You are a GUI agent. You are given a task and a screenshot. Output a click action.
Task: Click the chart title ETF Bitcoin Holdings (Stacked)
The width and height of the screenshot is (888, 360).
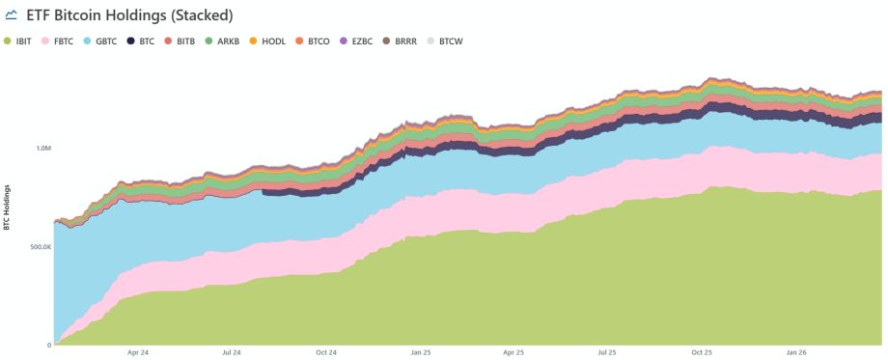[135, 16]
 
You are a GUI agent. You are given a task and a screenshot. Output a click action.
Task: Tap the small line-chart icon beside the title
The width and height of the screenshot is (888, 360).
[13, 16]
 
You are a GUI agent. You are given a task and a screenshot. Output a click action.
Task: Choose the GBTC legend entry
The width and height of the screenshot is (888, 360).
[106, 42]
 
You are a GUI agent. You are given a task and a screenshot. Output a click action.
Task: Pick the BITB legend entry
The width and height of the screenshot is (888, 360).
[185, 42]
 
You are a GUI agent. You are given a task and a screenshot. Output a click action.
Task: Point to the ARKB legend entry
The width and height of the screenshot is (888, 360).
[228, 42]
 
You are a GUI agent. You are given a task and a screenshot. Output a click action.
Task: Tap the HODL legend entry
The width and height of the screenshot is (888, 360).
[271, 42]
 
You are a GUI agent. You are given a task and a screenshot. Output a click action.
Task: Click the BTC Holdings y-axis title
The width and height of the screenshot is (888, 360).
[8, 207]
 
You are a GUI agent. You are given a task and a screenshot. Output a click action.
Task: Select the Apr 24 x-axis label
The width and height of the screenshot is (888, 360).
[138, 353]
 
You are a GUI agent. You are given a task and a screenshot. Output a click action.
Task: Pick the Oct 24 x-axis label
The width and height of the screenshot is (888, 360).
[326, 353]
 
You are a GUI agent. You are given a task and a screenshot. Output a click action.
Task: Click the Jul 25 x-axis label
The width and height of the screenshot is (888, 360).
[607, 353]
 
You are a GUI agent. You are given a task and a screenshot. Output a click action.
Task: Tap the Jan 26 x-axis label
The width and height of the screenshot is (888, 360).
[795, 353]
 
